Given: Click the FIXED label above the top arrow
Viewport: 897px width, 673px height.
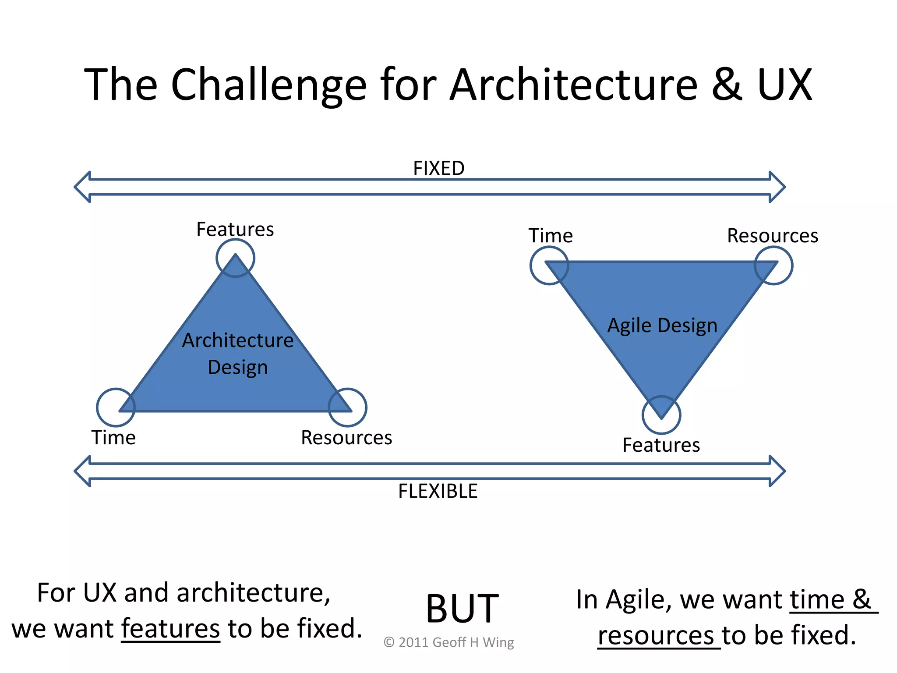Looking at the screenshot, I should coord(438,168).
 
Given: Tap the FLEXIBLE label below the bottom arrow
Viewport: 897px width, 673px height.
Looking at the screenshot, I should coord(438,491).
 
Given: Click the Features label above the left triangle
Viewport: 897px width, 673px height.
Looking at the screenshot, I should coord(235,229).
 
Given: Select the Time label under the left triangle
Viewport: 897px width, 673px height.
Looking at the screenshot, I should coord(113,438).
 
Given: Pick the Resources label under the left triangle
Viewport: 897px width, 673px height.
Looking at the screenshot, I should coord(346,438).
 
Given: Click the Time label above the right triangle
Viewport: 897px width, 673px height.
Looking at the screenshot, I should coord(551,236).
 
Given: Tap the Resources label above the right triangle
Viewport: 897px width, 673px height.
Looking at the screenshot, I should coord(773,236).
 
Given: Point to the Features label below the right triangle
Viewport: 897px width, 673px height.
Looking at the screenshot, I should coord(661,445).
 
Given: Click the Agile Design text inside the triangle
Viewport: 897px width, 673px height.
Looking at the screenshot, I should coord(662,326).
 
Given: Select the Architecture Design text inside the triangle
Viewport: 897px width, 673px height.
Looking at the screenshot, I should coord(238,353).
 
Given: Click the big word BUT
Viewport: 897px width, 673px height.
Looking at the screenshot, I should coord(462,609).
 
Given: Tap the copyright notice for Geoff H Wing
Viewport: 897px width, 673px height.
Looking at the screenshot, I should coord(448,642).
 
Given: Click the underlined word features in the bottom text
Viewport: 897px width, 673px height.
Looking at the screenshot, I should coord(170,628).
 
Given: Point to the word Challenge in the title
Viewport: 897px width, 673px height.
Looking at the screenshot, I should coord(268,85).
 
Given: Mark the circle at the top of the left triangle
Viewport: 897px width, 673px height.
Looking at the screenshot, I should coord(235,258).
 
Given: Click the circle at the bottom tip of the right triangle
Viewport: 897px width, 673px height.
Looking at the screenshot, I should coord(661,414).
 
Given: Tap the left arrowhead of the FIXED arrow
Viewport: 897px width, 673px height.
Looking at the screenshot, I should coord(83,187).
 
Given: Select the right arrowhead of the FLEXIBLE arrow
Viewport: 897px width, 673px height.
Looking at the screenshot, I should coord(777,471).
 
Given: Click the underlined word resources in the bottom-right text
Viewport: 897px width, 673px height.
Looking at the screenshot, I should coord(656,636).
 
